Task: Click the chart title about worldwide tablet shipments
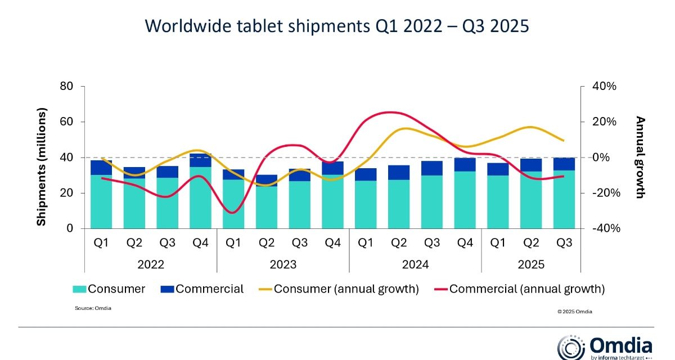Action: (337, 26)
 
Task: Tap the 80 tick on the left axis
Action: (66, 86)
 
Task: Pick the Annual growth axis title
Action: (640, 157)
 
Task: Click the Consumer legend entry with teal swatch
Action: (109, 289)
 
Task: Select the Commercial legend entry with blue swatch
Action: (202, 289)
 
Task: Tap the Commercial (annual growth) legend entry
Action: (520, 289)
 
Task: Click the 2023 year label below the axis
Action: (283, 264)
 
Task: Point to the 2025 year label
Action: (531, 264)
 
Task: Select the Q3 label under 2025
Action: (564, 243)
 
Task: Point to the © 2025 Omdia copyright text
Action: (575, 312)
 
